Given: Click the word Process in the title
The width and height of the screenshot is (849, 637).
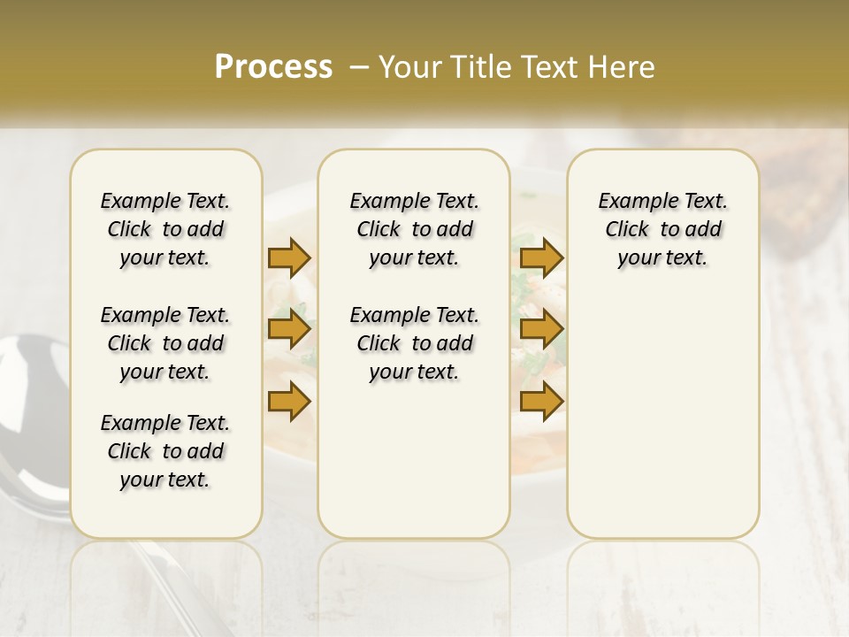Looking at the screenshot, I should [x=273, y=67].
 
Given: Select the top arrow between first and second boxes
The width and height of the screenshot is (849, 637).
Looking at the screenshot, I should [x=289, y=257].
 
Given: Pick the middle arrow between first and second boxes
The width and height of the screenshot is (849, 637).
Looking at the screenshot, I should [x=289, y=330].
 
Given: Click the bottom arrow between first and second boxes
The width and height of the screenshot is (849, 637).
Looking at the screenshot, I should [x=289, y=403].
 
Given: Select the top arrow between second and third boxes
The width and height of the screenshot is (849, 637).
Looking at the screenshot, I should [x=542, y=257].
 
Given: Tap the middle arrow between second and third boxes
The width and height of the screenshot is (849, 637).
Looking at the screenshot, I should [x=542, y=330].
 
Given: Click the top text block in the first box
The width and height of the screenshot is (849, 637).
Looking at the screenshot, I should [x=165, y=229].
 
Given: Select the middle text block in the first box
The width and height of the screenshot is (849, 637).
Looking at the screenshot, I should [x=165, y=343].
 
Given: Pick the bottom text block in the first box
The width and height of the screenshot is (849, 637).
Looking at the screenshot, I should [x=165, y=451].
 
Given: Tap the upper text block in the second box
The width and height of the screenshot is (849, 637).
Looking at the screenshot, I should [x=414, y=229].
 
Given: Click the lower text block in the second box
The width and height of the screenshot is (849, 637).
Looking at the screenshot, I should [x=414, y=343].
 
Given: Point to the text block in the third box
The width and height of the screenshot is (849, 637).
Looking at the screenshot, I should [x=662, y=229].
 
